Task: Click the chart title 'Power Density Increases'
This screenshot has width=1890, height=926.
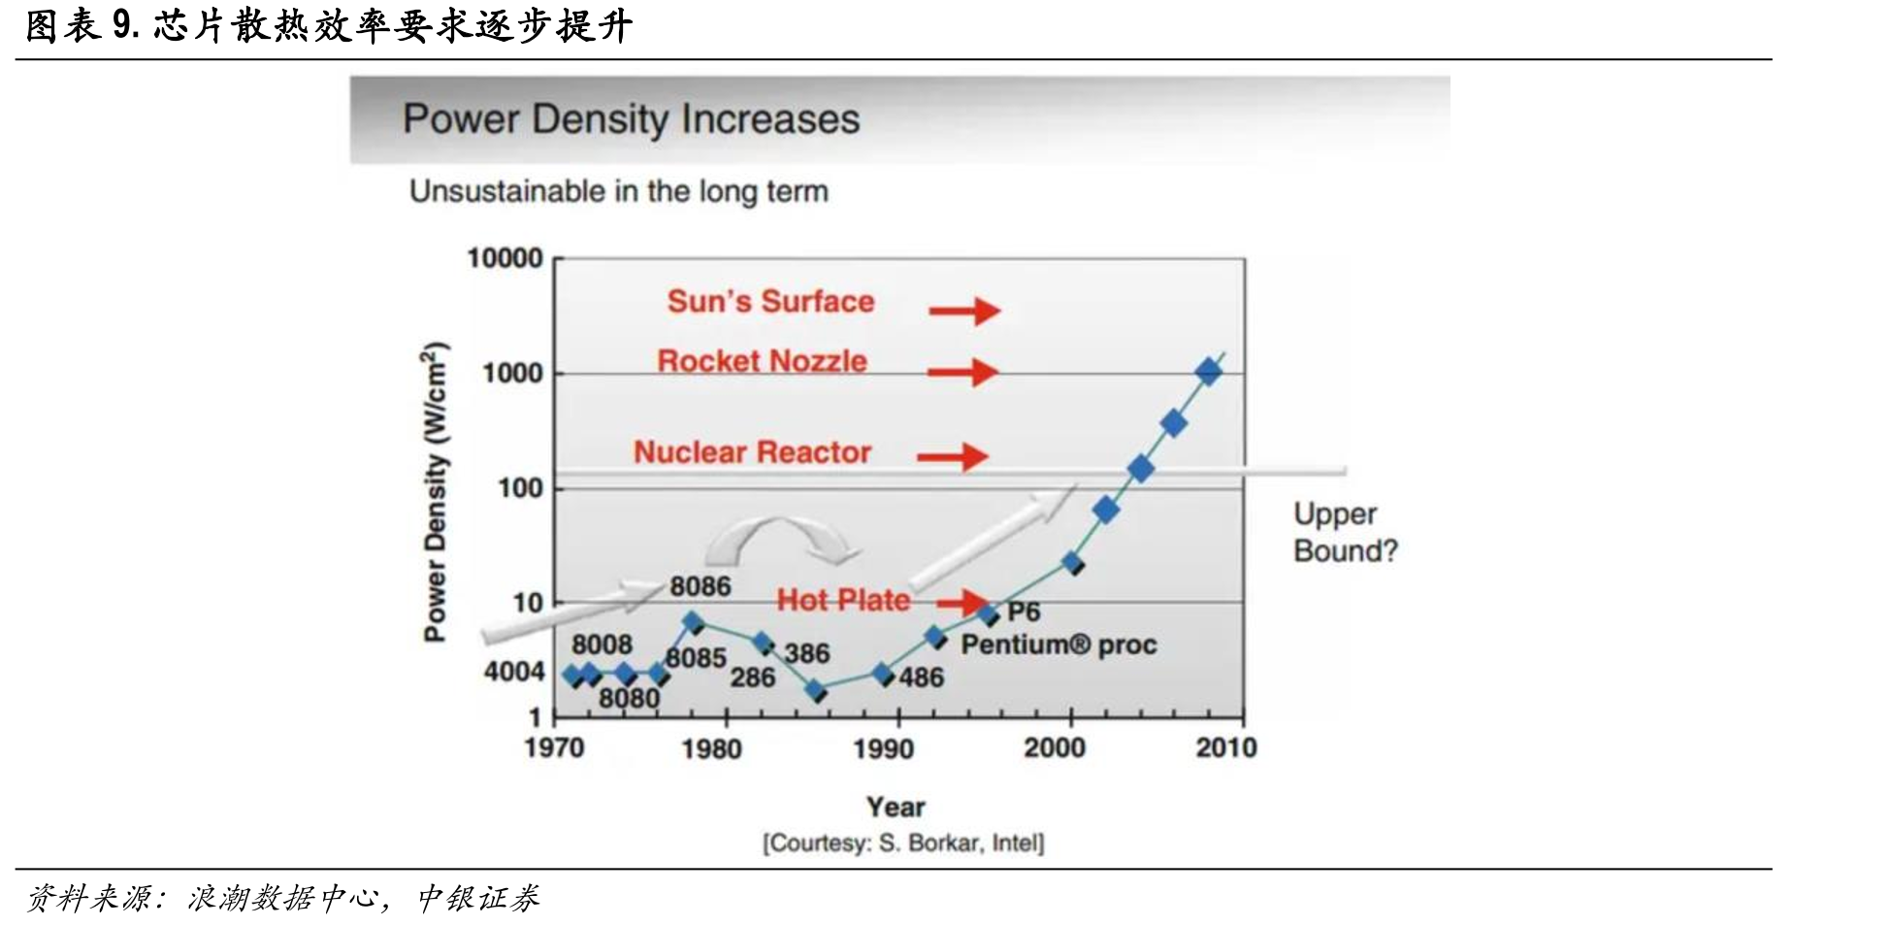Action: [631, 119]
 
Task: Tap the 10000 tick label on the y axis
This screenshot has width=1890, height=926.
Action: [505, 258]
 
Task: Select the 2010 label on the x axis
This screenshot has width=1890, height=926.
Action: [1226, 747]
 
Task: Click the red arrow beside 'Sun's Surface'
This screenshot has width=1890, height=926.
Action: [964, 311]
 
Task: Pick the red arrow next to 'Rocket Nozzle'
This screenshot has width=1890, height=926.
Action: [962, 372]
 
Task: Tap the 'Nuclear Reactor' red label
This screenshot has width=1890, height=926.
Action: [752, 452]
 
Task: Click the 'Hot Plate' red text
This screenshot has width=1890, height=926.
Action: [843, 600]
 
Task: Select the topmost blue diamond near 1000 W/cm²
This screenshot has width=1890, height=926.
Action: [1208, 371]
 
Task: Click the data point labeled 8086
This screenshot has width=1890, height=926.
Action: [693, 622]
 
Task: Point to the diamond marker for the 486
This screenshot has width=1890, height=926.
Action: [883, 674]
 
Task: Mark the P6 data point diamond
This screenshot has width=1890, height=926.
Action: [989, 613]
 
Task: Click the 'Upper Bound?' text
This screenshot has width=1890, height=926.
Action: [1346, 532]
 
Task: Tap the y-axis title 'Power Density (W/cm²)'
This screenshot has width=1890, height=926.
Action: [435, 491]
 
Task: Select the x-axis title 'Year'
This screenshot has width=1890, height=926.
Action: [896, 807]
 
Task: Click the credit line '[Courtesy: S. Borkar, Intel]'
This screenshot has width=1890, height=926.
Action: [903, 843]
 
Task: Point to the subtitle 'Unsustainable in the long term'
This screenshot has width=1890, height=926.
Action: [619, 191]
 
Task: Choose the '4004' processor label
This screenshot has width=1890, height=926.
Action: [514, 672]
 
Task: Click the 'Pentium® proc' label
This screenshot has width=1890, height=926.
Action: [1059, 645]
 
